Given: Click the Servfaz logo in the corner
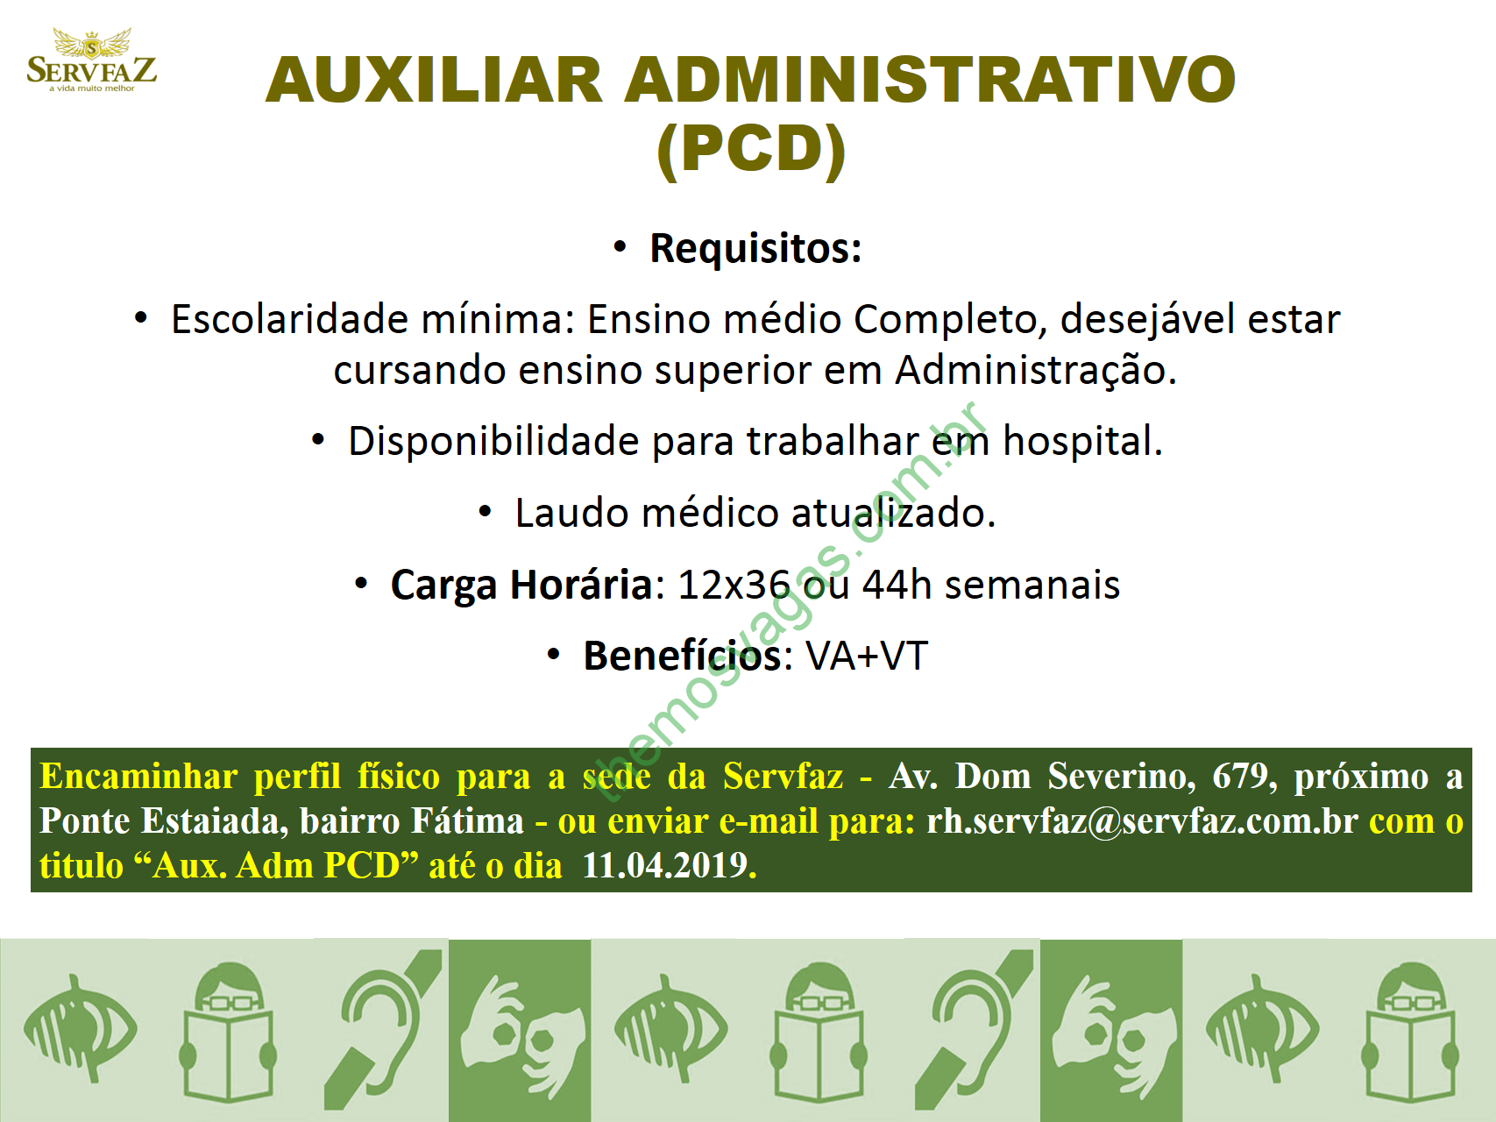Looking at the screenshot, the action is [x=92, y=60].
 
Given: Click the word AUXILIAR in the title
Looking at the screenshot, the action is [x=434, y=80].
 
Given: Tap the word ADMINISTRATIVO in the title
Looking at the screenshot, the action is [x=930, y=80].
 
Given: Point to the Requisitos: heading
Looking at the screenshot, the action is [x=755, y=248].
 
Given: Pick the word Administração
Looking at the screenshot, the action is [x=1035, y=371].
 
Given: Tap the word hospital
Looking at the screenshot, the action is [x=1082, y=441].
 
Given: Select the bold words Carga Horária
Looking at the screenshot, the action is [x=521, y=585].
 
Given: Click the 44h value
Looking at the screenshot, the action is [x=897, y=585].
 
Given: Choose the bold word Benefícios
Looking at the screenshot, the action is [x=682, y=656].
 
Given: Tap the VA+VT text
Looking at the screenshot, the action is [x=867, y=657].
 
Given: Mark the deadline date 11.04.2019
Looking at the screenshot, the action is [x=669, y=866].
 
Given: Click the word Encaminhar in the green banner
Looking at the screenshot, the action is [x=138, y=777].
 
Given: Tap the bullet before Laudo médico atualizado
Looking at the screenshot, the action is [x=485, y=513].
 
